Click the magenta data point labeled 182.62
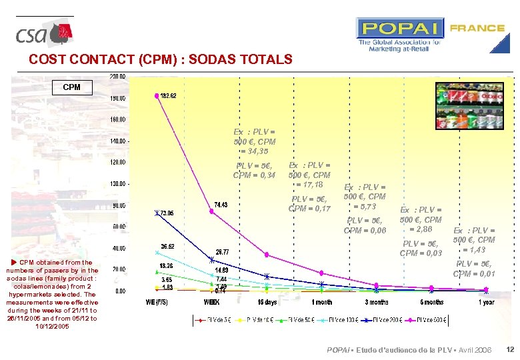click(157, 96)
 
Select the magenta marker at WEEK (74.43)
click(212, 214)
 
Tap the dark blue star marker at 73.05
click(157, 213)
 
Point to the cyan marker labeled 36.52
click(157, 253)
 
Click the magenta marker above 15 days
click(267, 255)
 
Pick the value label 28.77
click(223, 252)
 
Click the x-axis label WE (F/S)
click(157, 302)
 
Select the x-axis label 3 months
click(377, 302)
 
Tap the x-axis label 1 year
click(486, 302)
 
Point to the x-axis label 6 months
click(431, 302)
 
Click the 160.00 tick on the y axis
click(117, 119)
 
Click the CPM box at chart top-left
click(71, 87)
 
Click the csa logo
click(44, 33)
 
